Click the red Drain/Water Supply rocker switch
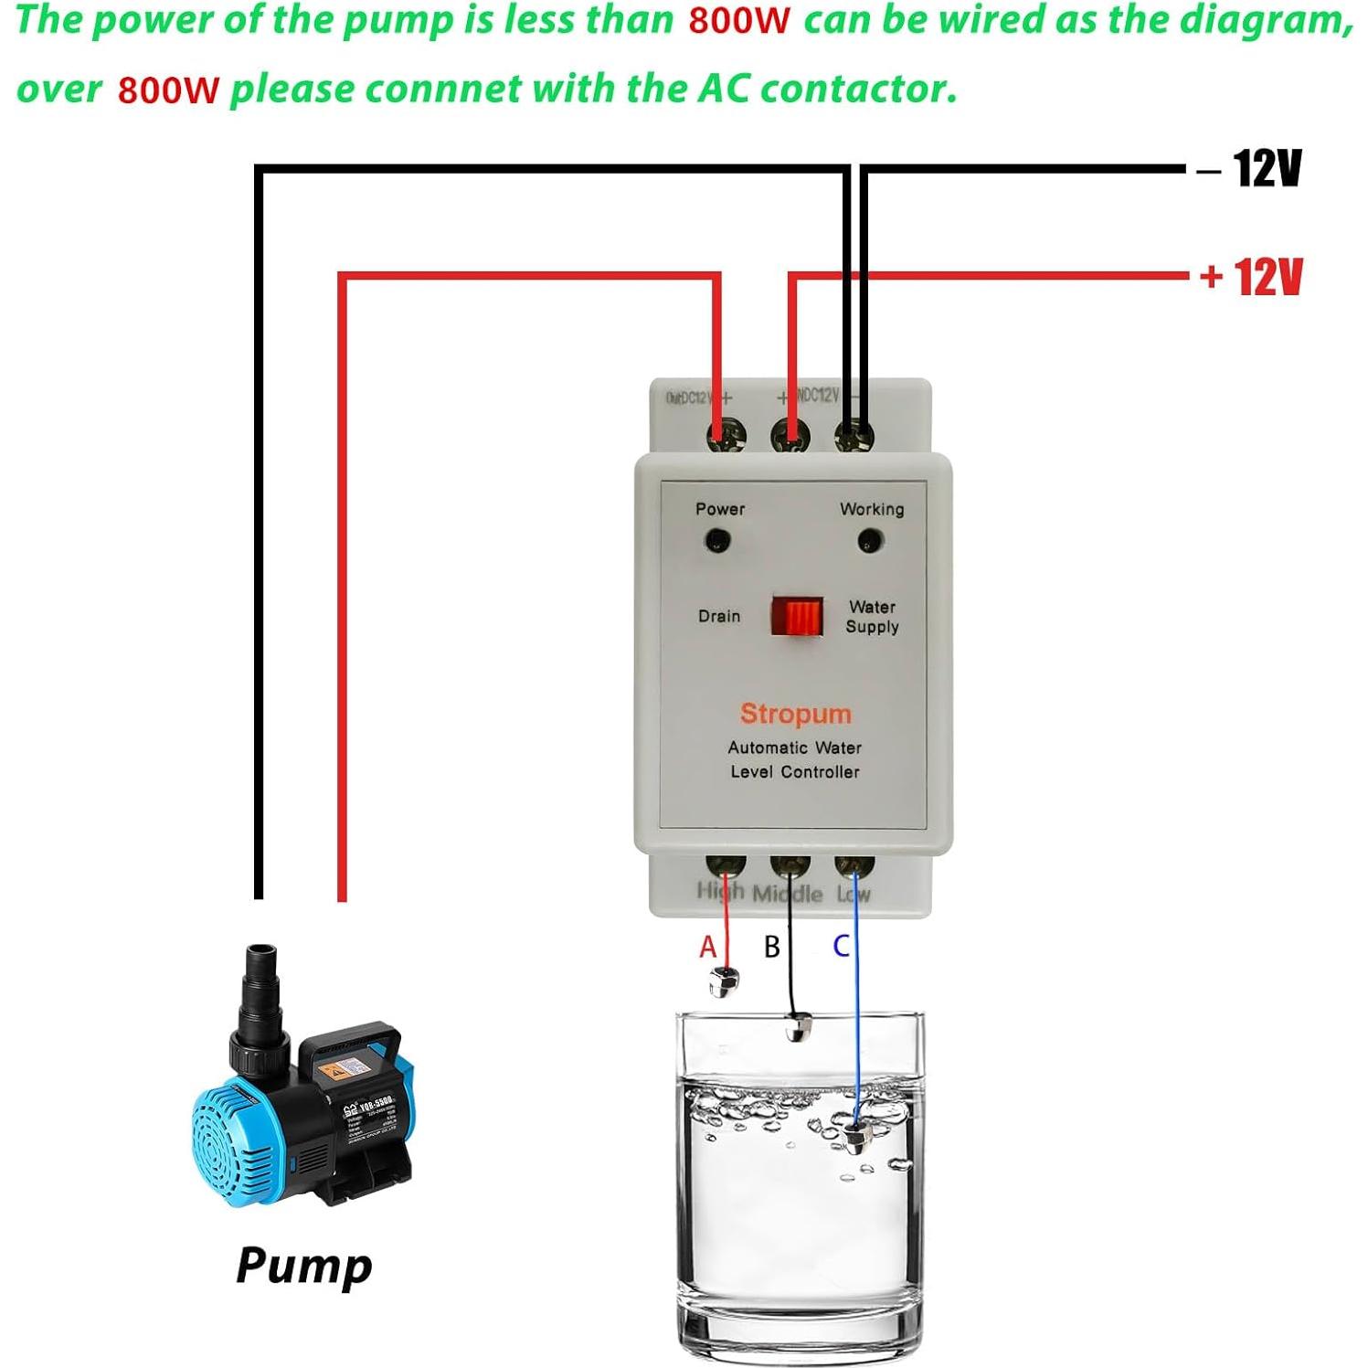797,617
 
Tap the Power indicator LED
717,542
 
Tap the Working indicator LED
870,542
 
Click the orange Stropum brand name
795,714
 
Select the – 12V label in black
1250,169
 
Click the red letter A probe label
708,947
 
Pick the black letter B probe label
772,947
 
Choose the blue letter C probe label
842,946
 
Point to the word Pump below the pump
304,1266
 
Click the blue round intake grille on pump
228,1142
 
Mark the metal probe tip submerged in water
855,1138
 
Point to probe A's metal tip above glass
723,982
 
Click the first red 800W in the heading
738,21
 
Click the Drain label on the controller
719,617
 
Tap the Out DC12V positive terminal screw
726,434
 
